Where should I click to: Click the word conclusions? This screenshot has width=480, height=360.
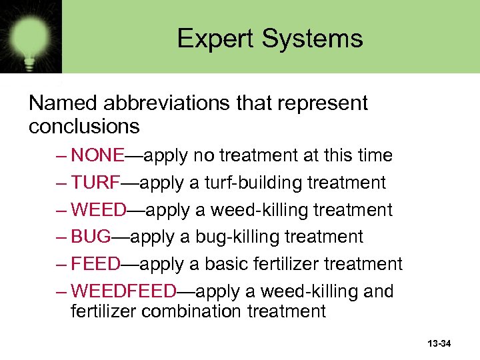click(84, 125)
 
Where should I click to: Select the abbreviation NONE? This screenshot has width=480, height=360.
click(98, 156)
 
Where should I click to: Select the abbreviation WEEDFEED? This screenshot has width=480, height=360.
click(124, 291)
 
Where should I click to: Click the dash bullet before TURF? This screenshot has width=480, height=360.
click(61, 183)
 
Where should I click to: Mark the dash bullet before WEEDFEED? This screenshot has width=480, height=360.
click(61, 291)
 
